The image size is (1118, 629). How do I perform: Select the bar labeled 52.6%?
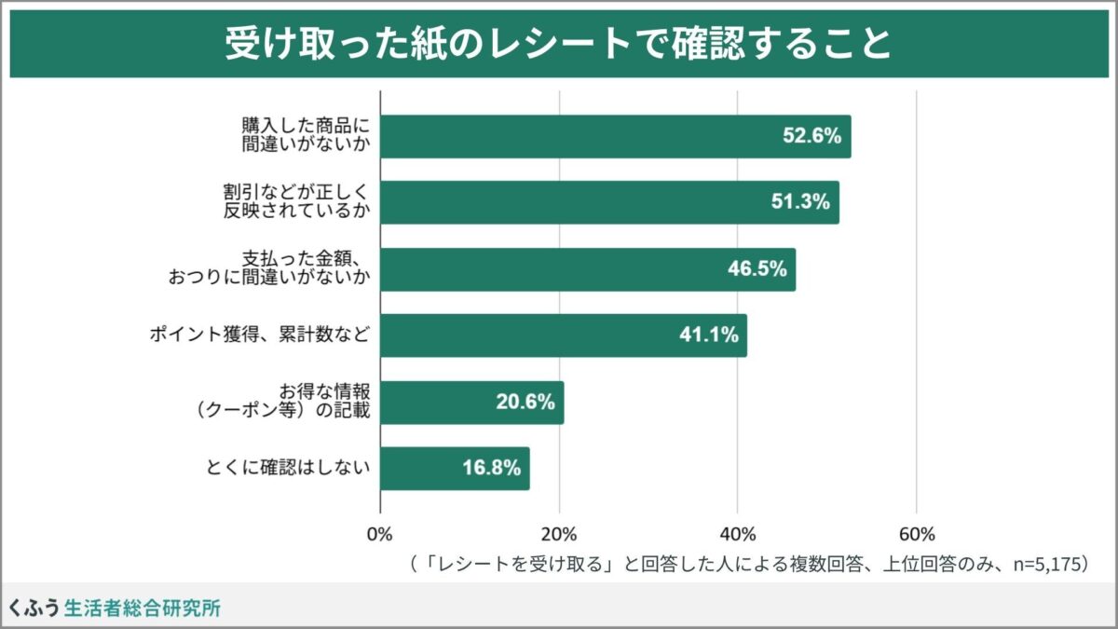pos(615,136)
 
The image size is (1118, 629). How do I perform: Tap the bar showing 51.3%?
pos(609,202)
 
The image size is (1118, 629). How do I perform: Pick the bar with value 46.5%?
pos(588,269)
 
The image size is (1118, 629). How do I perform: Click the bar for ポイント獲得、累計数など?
pos(564,335)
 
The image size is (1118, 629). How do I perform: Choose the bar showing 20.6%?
pos(471,403)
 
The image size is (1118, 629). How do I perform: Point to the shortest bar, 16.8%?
pos(455,469)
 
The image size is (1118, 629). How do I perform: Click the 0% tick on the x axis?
pos(380,534)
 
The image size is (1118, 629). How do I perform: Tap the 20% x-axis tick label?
pos(559,534)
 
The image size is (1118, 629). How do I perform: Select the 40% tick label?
pos(738,534)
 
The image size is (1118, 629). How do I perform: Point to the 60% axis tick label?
pos(917,534)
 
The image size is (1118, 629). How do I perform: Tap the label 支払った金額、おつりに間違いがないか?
pos(269,268)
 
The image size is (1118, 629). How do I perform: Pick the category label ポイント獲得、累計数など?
pos(260,335)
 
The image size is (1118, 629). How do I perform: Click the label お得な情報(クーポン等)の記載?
pos(279,402)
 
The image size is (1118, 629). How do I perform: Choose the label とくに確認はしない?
pos(287,469)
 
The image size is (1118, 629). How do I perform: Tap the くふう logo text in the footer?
pos(34,608)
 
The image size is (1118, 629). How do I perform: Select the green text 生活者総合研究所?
pos(143,608)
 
